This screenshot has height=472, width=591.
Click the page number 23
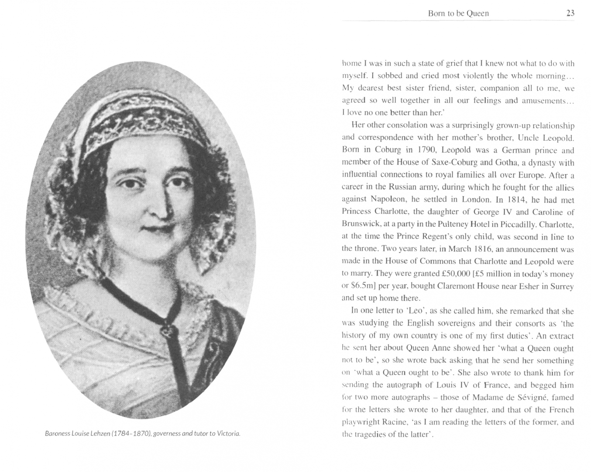[570, 13]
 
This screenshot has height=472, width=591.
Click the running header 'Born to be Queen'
[458, 13]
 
